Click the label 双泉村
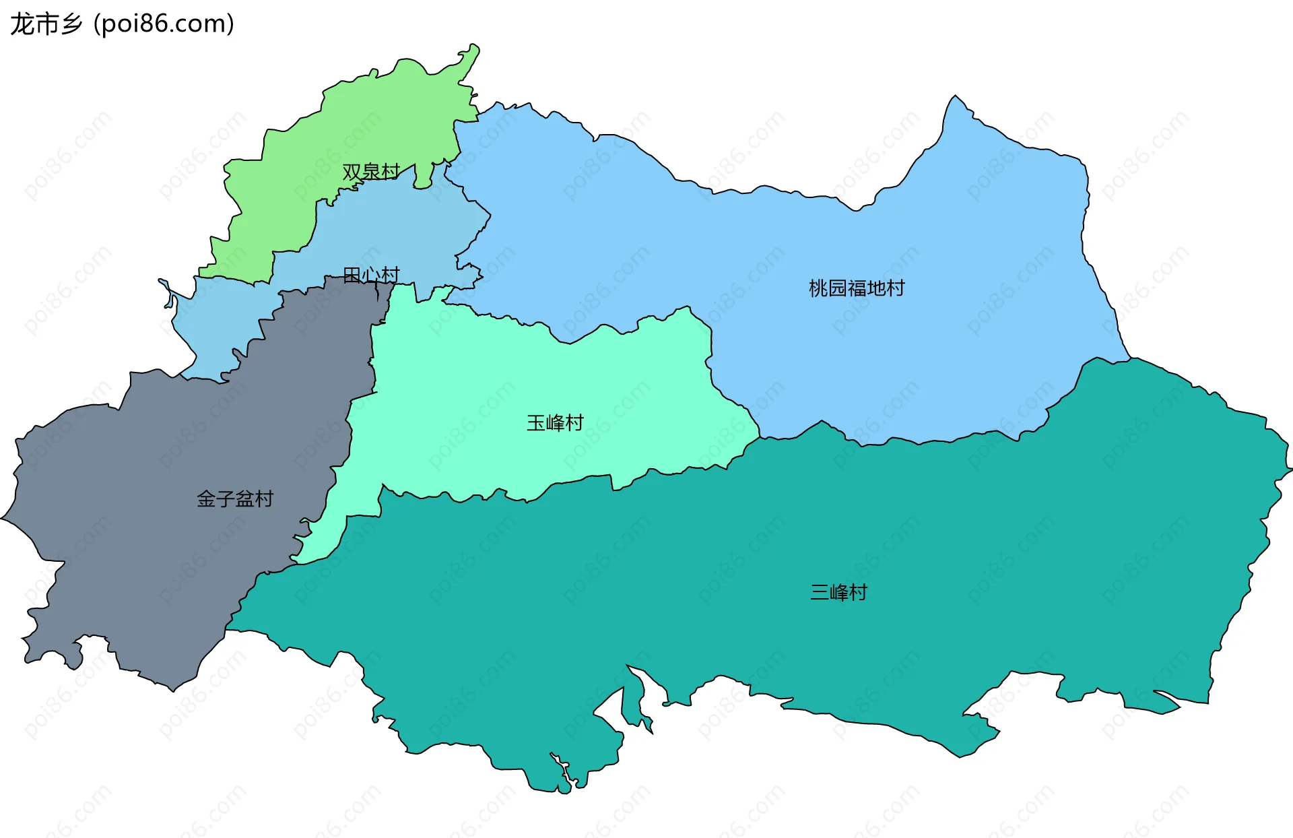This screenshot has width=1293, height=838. [371, 172]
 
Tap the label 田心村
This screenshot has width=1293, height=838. [371, 275]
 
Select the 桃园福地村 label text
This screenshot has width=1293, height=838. [857, 288]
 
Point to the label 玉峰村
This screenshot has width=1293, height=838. [555, 423]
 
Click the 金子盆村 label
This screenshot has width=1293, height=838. [235, 499]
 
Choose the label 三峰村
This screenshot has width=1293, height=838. [838, 593]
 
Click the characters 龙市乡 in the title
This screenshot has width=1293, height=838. [46, 24]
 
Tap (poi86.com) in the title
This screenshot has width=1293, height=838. [164, 24]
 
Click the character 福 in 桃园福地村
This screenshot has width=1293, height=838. [857, 288]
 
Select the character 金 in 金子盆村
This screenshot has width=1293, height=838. [206, 499]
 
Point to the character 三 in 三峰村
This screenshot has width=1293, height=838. [820, 593]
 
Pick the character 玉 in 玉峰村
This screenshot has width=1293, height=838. [536, 423]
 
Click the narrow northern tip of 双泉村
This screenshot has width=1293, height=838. [471, 54]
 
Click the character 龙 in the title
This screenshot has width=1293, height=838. [22, 24]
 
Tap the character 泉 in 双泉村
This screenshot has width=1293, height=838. [371, 172]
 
